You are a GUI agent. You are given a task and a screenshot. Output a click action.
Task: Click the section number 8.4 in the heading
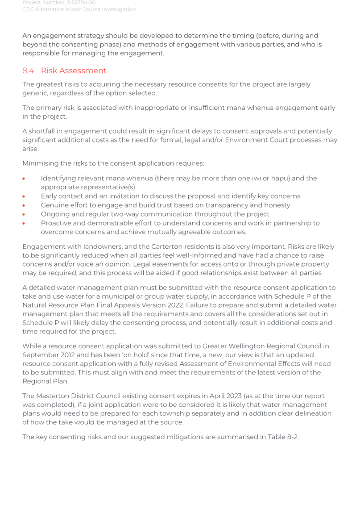(x=28, y=71)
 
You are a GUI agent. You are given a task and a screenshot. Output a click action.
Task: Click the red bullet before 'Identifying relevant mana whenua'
(x=24, y=179)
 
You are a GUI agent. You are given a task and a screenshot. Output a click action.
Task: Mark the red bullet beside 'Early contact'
(x=24, y=196)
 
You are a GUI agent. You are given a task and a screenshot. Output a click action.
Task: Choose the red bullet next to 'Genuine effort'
(x=24, y=205)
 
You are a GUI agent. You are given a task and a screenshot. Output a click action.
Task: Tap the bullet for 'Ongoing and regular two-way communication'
(x=24, y=214)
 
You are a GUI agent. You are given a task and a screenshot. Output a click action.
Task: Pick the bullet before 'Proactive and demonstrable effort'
(x=24, y=223)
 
